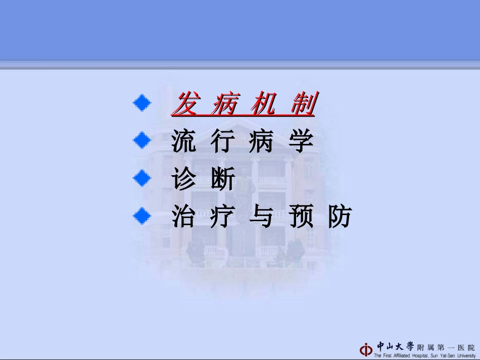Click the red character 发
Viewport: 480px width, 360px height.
(x=185, y=105)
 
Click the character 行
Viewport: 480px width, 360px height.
(x=223, y=142)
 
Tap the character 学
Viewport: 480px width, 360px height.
(x=301, y=142)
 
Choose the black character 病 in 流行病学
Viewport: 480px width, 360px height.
(x=262, y=142)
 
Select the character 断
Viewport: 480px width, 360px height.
(x=223, y=180)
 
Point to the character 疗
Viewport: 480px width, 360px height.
(x=223, y=217)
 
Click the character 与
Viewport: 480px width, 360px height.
(x=262, y=217)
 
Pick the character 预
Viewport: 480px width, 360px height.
(x=301, y=217)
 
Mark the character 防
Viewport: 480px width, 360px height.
(x=340, y=217)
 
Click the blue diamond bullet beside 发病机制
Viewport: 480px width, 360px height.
(x=142, y=103)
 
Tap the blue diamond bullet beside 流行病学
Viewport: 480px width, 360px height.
(x=142, y=140)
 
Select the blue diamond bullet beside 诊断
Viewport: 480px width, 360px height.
(x=142, y=178)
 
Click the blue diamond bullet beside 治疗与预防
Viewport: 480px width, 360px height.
(x=142, y=216)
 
